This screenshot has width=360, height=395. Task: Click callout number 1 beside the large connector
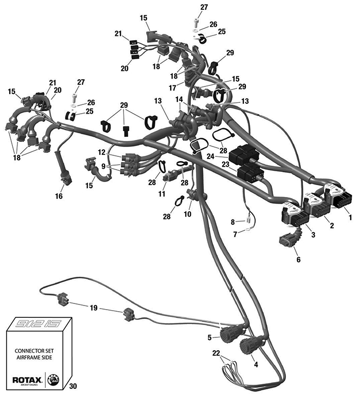click(x=351, y=218)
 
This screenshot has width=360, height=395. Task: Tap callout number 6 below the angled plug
click(x=298, y=260)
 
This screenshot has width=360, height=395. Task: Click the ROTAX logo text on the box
click(x=25, y=380)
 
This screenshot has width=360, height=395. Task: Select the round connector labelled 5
click(x=229, y=335)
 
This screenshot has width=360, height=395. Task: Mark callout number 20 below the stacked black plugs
click(x=124, y=68)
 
